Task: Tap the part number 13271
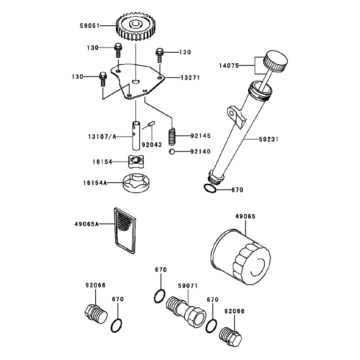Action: [x=190, y=78]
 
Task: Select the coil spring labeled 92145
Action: [x=172, y=137]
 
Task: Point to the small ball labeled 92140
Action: [x=172, y=152]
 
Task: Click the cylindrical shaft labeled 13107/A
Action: [x=136, y=136]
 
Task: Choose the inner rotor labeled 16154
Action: [x=136, y=162]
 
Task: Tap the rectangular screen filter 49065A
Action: [x=125, y=230]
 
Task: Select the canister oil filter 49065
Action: [x=241, y=257]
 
